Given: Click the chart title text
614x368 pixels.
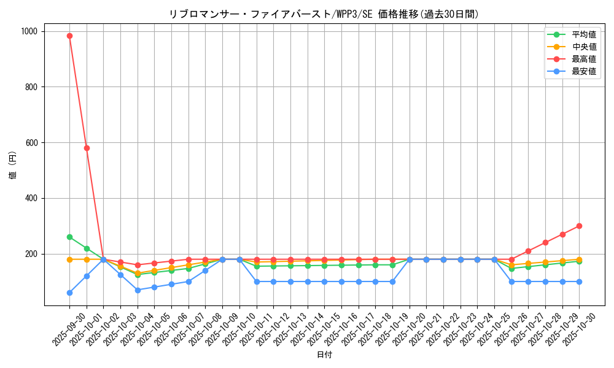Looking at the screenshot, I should coord(324,14).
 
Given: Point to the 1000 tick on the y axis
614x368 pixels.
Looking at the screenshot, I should coord(28,31).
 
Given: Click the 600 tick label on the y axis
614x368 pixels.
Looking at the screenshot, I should coord(31,143).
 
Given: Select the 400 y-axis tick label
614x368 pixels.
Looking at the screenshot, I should coord(31,198).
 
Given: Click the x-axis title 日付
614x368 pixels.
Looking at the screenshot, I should coord(324,355).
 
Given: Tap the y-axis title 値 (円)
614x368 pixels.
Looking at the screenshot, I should coord(13,166).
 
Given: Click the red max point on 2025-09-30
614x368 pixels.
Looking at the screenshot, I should coord(69,36).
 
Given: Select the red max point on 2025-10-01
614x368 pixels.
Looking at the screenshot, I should coord(87,148).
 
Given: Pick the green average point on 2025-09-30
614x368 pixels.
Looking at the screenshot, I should coord(69,237).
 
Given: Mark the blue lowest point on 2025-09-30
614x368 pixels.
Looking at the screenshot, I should coord(69,293).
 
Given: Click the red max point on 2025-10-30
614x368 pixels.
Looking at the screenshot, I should coord(579,226).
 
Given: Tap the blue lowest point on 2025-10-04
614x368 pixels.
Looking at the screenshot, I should coord(138,290).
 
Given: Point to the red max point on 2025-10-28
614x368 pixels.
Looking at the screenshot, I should coord(545,242).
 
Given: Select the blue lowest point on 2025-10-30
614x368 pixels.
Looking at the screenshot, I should coord(579,282).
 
